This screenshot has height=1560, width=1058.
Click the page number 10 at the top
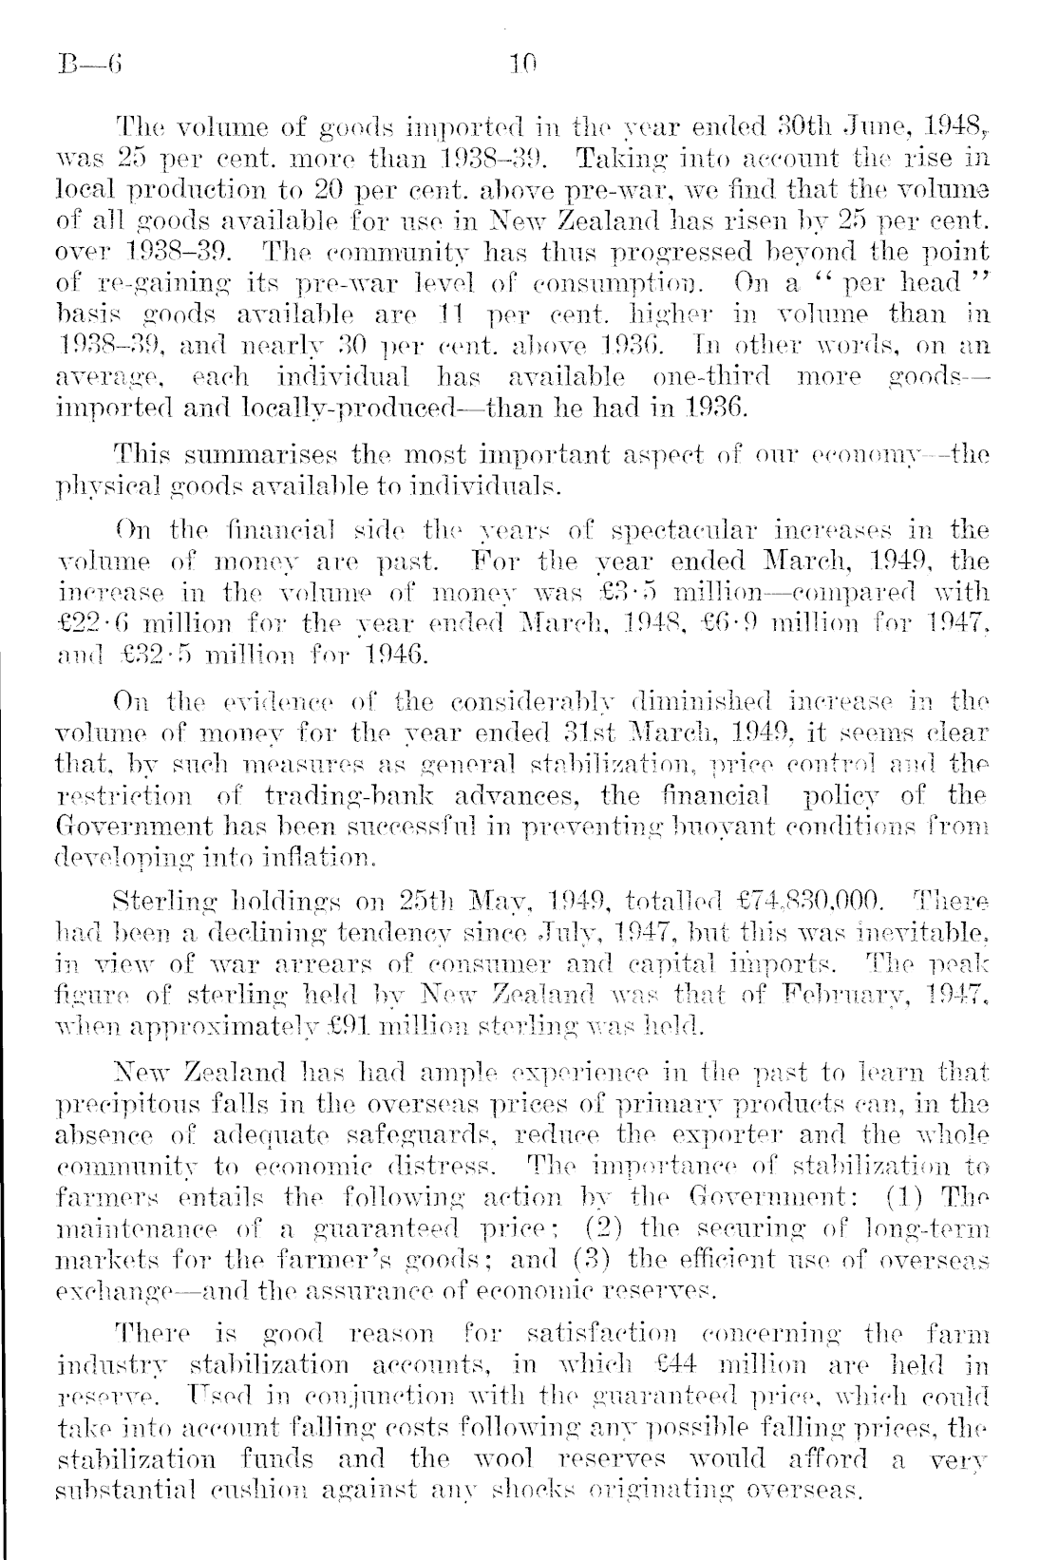click(522, 66)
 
